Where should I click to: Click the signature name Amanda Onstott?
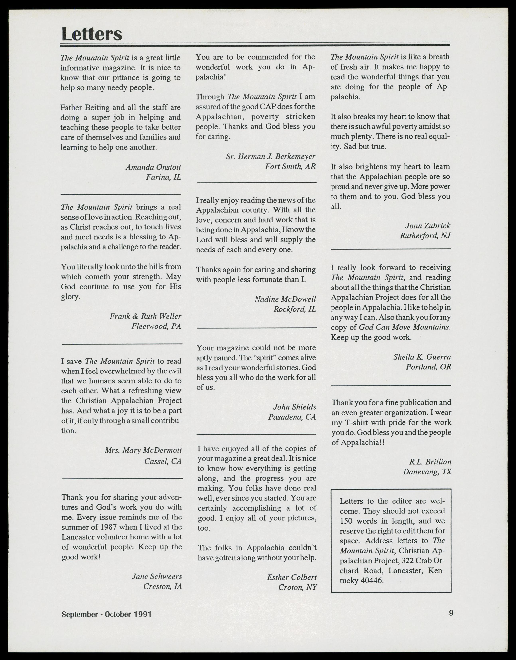[x=153, y=167]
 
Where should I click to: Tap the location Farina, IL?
[x=163, y=177]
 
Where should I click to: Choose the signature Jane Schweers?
[x=157, y=576]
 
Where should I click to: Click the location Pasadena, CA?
[x=292, y=417]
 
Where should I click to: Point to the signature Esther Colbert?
[x=292, y=577]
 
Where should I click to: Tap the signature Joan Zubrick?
[x=427, y=226]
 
